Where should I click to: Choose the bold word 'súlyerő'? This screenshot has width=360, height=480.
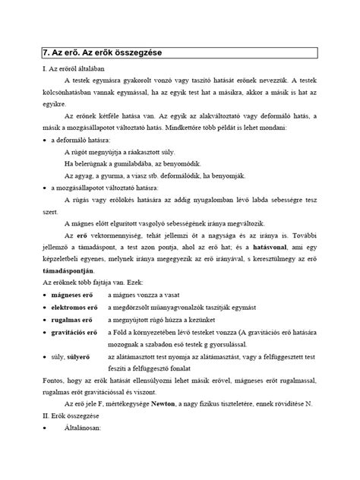click(84, 377)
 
